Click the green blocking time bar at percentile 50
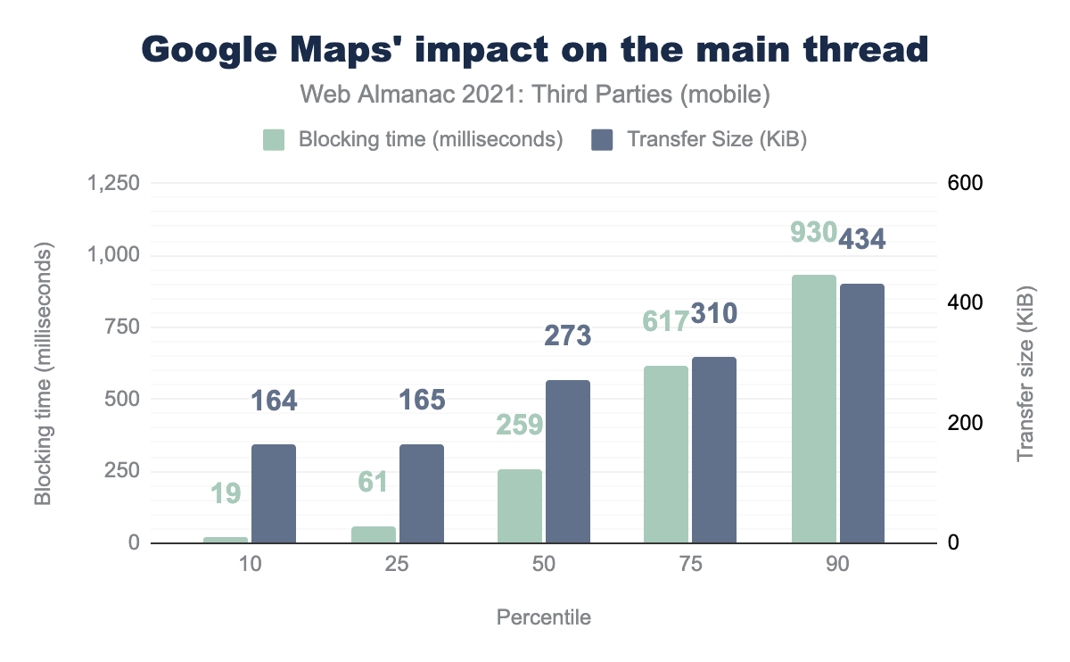[x=519, y=506]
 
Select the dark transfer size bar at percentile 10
[x=274, y=493]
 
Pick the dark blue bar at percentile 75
[x=714, y=450]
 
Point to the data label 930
[x=813, y=232]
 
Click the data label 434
[x=861, y=238]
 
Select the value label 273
[x=567, y=335]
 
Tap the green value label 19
[x=226, y=492]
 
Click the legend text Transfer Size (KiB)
[x=717, y=140]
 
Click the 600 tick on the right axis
[x=964, y=183]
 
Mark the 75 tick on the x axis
[x=690, y=566]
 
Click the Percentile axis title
[x=544, y=617]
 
